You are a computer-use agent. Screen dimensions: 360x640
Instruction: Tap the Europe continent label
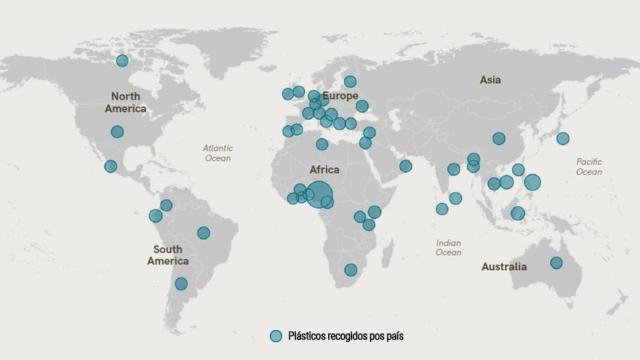pos(340,96)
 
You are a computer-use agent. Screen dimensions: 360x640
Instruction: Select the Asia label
pos(490,79)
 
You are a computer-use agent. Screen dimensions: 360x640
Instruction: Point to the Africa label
pos(325,170)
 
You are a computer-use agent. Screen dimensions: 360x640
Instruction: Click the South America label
pos(168,255)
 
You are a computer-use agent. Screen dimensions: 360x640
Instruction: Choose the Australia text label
pos(503,267)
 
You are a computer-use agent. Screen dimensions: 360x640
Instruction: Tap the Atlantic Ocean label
pos(217,152)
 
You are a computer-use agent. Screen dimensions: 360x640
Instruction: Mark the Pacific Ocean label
pos(589,166)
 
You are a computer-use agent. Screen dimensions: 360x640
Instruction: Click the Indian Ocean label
pos(448,247)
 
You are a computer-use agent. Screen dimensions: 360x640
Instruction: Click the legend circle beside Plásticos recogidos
pos(276,336)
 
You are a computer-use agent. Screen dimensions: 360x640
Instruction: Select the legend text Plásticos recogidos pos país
pos(346,336)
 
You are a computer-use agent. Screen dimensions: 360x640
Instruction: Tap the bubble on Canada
pos(122,61)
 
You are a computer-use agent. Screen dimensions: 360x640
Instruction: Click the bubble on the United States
pos(117,132)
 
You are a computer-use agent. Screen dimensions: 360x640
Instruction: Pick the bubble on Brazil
pos(204,233)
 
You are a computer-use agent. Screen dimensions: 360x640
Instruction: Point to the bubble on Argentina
pos(181,284)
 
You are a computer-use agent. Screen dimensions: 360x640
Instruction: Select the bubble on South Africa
pos(350,270)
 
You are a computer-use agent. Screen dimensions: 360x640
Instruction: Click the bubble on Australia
pos(556,263)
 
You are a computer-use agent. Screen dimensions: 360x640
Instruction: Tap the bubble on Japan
pos(563,138)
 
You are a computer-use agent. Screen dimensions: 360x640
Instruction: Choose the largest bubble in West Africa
pos(320,194)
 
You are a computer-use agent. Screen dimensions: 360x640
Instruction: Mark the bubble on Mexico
pos(110,166)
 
